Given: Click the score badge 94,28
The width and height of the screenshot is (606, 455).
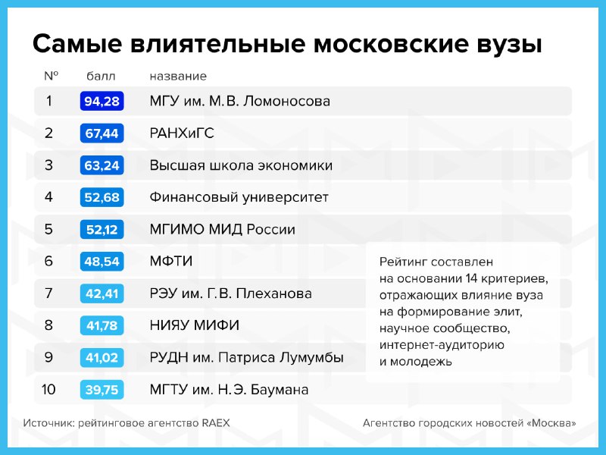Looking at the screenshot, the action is tap(102, 101).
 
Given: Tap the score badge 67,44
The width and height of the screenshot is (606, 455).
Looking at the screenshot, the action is tap(102, 133).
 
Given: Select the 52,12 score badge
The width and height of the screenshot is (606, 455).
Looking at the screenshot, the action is tap(102, 230).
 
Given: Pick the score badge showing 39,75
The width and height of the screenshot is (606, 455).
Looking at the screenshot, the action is tap(102, 390).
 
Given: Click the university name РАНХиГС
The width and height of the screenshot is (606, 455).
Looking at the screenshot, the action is tap(182, 133).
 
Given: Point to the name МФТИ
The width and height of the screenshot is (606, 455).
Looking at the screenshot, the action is tap(171, 261).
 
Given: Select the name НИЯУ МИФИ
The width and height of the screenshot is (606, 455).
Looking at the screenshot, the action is tap(195, 325).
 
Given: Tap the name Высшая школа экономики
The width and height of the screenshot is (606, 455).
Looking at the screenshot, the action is tap(241, 165).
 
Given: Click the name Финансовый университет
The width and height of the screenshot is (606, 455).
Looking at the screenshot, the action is tap(239, 197).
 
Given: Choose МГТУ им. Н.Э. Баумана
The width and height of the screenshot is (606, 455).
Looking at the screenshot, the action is tap(229, 389).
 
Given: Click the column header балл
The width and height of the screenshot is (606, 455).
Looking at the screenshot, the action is tap(101, 76).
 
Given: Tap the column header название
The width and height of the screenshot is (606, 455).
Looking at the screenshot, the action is tap(178, 77).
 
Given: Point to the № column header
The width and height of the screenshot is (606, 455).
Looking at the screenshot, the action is tap(52, 75).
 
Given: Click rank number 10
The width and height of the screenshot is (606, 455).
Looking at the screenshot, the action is tap(48, 389).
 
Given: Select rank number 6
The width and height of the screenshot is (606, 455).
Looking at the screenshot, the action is tap(48, 261).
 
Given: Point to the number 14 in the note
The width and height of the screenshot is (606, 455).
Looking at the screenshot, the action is tap(472, 278).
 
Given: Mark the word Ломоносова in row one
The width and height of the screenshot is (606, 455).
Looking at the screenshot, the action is tap(287, 102).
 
